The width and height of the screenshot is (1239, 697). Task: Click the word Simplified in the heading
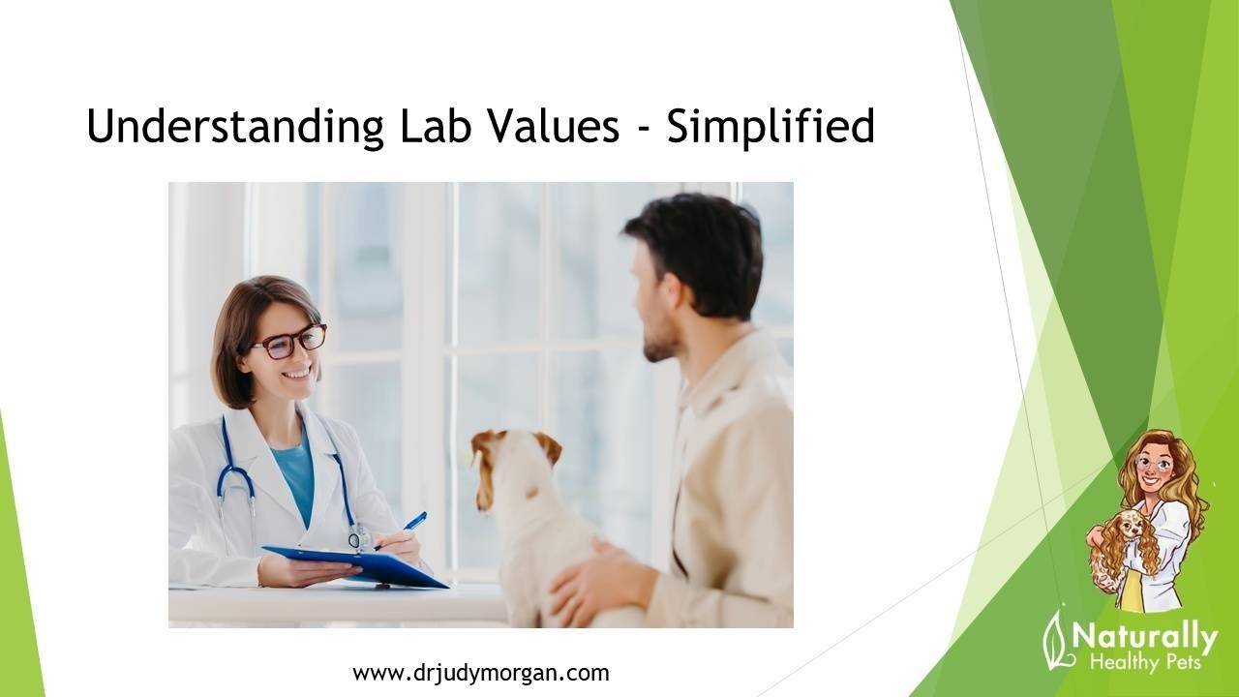click(x=771, y=128)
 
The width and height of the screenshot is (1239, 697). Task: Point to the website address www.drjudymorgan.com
click(x=480, y=673)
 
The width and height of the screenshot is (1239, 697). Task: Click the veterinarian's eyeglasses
click(x=289, y=341)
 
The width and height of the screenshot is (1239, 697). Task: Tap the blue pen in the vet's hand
click(x=414, y=521)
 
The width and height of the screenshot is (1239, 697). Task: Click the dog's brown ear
click(x=548, y=446)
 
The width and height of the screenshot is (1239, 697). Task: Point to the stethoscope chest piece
click(x=359, y=537)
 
